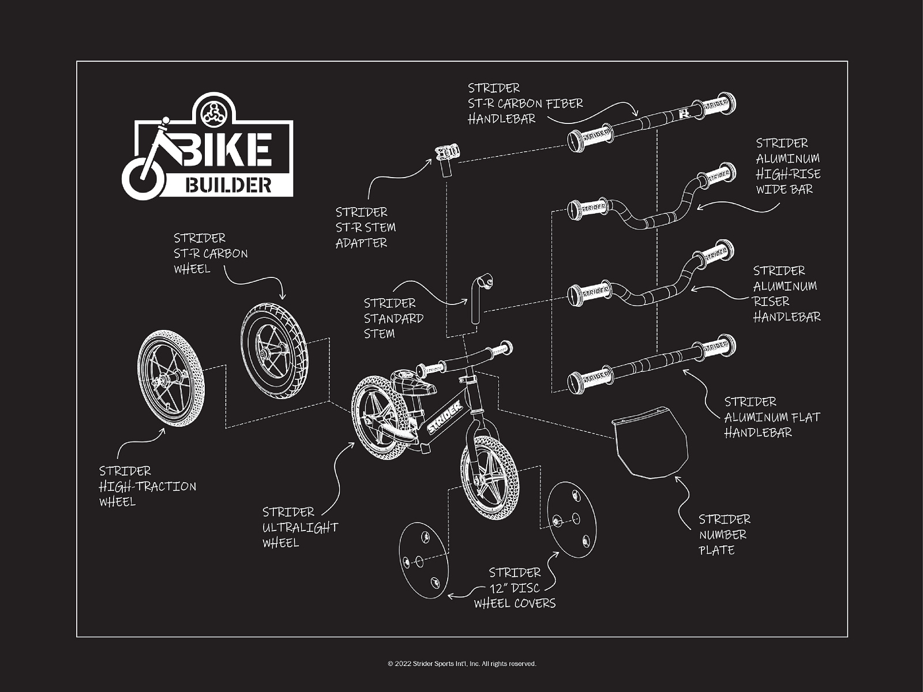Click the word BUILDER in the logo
(228, 185)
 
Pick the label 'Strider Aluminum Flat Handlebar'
(771, 417)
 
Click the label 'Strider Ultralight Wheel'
(299, 527)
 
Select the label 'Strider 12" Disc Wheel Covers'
(515, 588)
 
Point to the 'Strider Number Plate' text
(724, 534)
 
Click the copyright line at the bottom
(461, 664)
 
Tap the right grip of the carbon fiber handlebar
(718, 106)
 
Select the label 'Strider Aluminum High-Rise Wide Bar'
(787, 166)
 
